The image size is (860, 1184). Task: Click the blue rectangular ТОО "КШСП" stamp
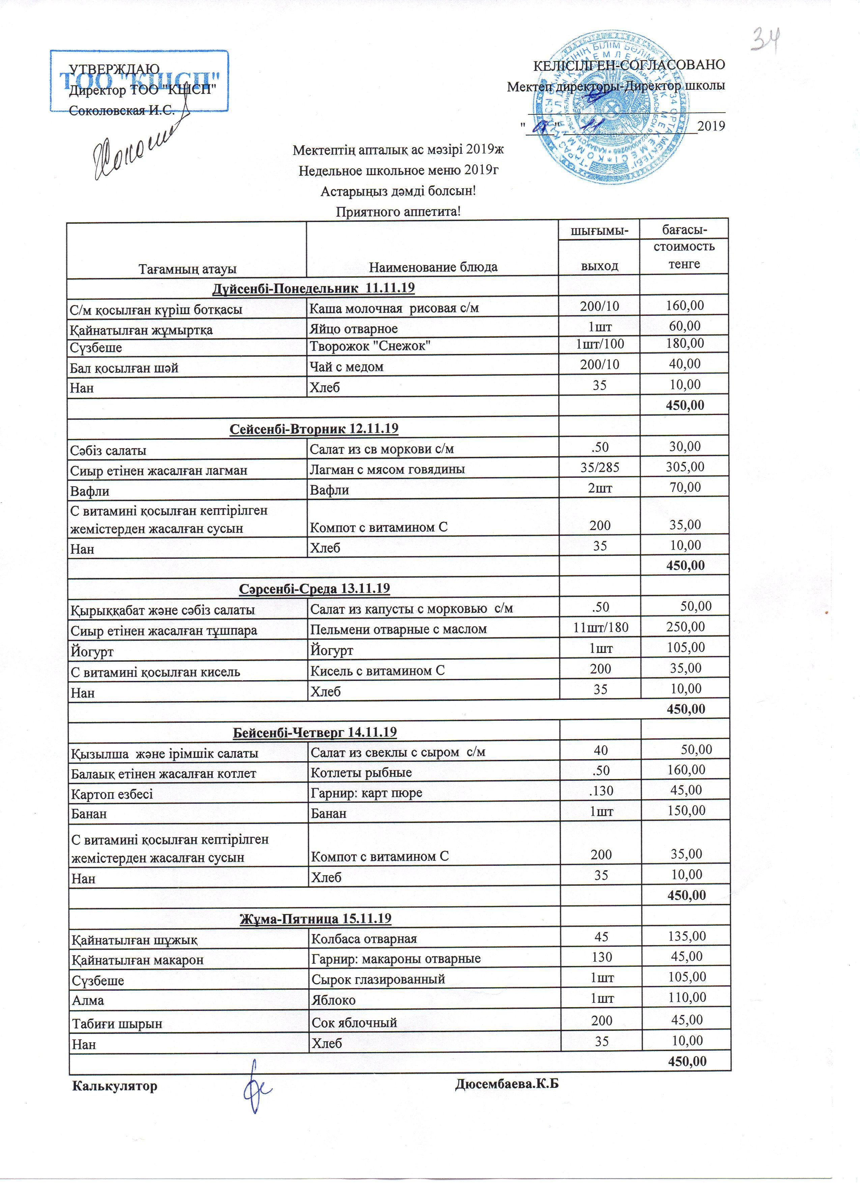click(139, 81)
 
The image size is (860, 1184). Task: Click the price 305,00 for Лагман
click(685, 467)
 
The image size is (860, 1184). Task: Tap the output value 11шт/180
click(601, 627)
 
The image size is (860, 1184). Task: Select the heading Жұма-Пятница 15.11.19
click(315, 918)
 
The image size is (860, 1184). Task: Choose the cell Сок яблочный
click(354, 1022)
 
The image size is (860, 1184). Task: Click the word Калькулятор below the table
click(115, 1086)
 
